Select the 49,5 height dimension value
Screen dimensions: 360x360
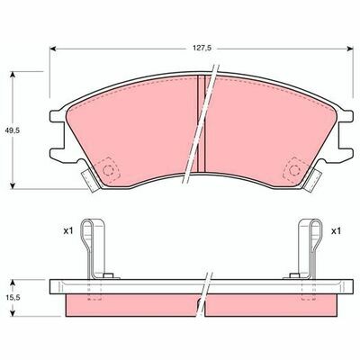(13, 130)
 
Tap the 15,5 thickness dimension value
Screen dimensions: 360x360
(13, 298)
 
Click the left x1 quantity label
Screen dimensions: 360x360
(68, 231)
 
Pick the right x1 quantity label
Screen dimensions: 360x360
(336, 231)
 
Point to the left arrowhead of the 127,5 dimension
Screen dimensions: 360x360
(53, 49)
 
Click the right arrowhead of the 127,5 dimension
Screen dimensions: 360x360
(350, 49)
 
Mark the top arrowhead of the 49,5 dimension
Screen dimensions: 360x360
(13, 75)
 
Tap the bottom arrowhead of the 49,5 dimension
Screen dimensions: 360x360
(13, 185)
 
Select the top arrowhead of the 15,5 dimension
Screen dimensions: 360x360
(13, 283)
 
